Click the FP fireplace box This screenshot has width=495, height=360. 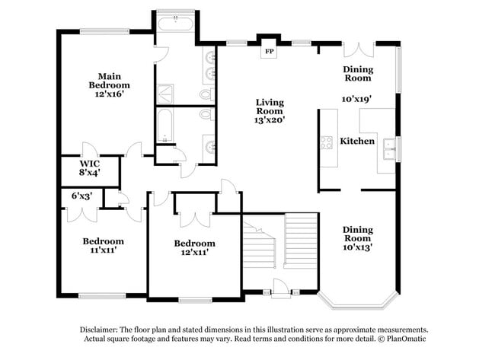[269, 51]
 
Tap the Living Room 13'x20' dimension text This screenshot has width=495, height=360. [270, 120]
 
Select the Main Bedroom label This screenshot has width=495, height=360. [109, 81]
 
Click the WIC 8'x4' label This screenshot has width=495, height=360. [90, 168]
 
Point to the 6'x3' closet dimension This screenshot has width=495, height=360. [81, 196]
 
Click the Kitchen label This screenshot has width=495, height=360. [357, 141]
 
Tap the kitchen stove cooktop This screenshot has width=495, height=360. [327, 142]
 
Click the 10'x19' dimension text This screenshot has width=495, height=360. [356, 99]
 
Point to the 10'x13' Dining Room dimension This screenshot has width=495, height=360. [357, 247]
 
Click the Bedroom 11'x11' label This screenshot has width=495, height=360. [103, 246]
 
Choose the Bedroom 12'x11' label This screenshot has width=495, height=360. [194, 247]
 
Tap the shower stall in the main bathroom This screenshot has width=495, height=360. [165, 94]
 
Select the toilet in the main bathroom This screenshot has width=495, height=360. [207, 94]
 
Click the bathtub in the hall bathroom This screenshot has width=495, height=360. [164, 126]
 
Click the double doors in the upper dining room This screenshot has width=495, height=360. [359, 49]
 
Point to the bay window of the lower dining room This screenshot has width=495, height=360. [358, 302]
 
